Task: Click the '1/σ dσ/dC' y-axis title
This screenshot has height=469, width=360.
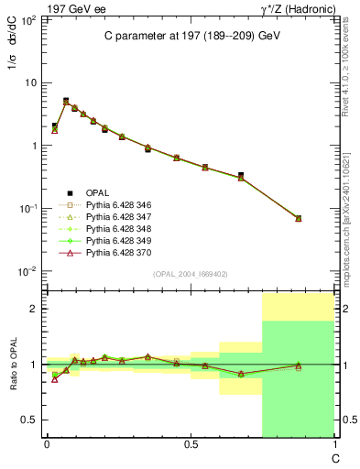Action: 11,64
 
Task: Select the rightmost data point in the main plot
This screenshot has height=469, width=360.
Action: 298,218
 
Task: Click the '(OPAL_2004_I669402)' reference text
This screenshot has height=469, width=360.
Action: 190,273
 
